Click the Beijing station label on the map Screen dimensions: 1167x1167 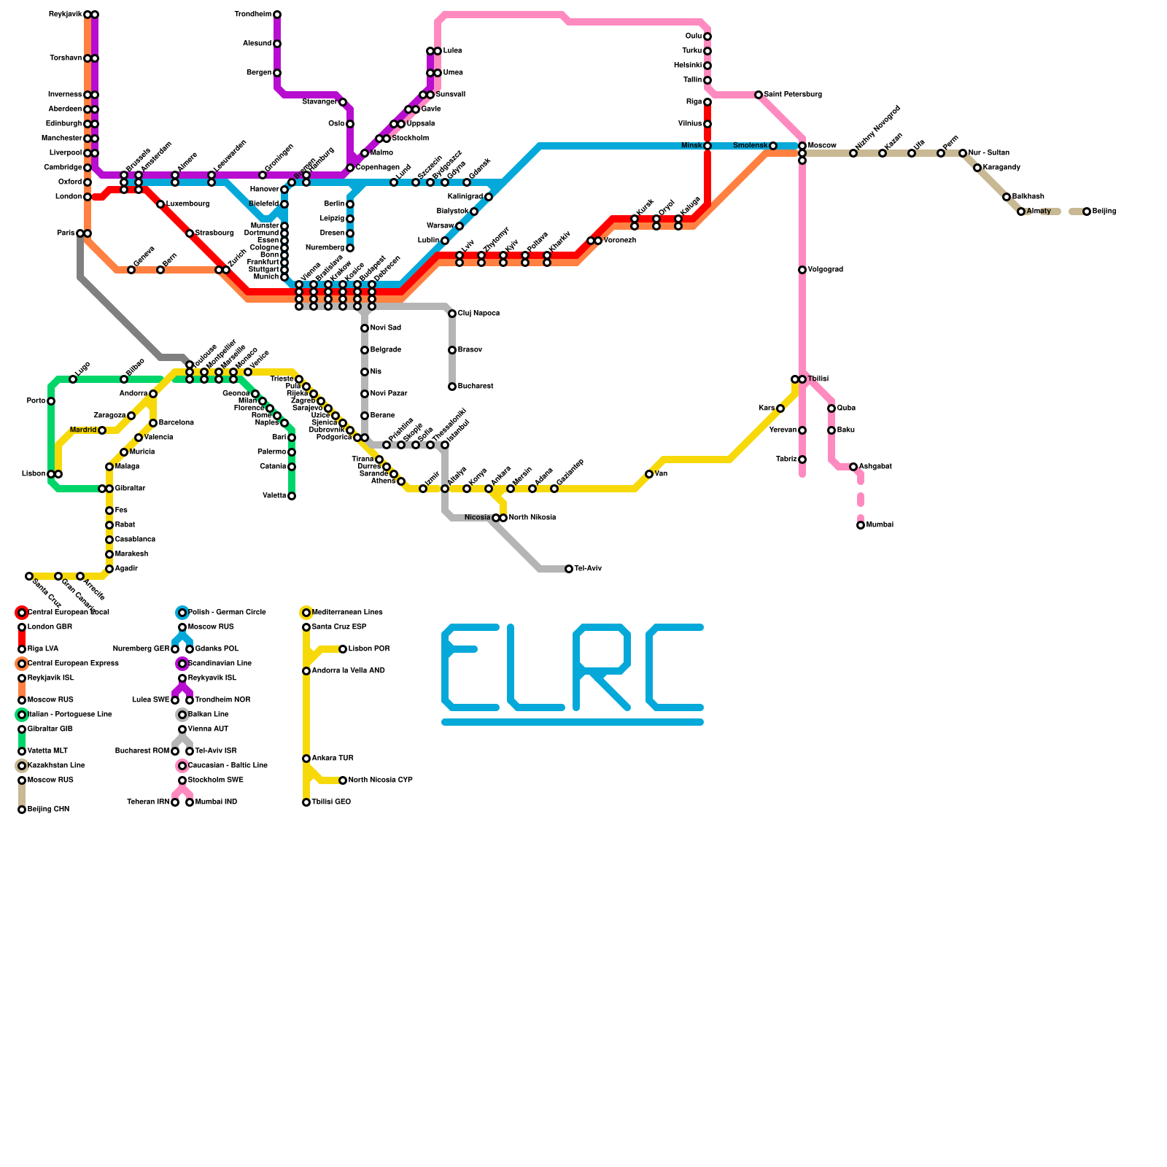click(x=1104, y=212)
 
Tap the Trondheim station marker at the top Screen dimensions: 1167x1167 click(x=277, y=15)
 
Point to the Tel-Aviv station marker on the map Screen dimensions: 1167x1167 click(x=569, y=569)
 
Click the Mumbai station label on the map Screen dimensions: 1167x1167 click(x=880, y=525)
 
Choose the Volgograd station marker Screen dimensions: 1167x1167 click(x=802, y=270)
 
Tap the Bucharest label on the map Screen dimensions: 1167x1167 click(x=476, y=387)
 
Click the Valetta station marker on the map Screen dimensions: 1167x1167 click(x=292, y=496)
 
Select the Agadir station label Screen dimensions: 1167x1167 click(x=126, y=569)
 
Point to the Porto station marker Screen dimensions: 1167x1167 click(x=51, y=401)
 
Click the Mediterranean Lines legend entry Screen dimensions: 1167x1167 click(x=347, y=613)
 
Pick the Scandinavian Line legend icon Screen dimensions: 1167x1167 click(x=182, y=664)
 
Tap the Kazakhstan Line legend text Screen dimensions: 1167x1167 click(x=56, y=766)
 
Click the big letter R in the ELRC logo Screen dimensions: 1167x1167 click(x=602, y=667)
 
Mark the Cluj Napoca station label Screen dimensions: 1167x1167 click(x=478, y=314)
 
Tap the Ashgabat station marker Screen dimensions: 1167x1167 click(x=853, y=467)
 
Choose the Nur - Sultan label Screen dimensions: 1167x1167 click(x=988, y=153)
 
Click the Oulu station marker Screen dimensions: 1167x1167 click(x=707, y=36)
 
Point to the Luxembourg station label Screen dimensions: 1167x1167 click(x=187, y=204)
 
